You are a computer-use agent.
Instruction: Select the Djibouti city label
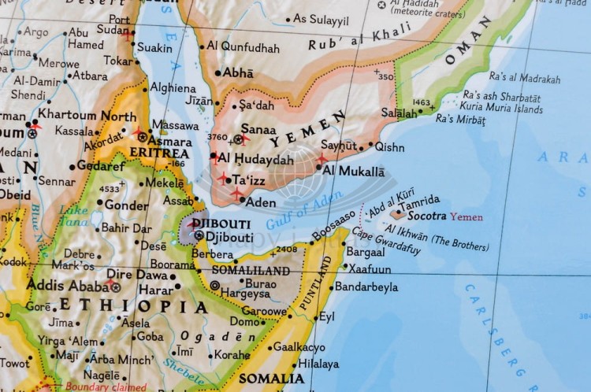(229, 235)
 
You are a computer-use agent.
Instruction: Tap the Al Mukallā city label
(354, 170)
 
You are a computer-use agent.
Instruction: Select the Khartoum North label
(87, 116)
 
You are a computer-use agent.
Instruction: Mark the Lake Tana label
(73, 216)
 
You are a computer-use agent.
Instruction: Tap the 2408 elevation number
(287, 250)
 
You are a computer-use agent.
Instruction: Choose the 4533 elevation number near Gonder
(110, 189)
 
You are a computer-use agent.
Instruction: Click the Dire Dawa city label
(137, 275)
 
